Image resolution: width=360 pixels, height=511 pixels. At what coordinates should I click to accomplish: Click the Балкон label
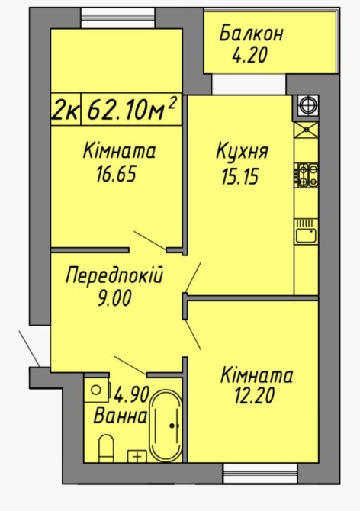point(251,34)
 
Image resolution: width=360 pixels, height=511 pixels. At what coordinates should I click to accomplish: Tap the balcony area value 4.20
point(249,55)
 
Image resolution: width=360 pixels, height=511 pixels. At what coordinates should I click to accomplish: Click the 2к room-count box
point(66,110)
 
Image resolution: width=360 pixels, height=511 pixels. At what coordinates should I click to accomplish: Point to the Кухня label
point(242,152)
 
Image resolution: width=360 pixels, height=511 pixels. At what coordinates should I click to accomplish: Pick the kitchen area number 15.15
point(240,177)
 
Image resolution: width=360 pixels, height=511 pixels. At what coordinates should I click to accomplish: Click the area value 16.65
point(116,174)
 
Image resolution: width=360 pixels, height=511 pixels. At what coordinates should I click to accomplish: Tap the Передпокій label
point(114,275)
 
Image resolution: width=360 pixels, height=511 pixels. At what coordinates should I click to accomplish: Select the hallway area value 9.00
point(114,298)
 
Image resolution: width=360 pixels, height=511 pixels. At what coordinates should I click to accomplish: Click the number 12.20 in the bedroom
point(255,396)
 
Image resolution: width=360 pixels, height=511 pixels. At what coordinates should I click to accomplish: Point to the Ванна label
point(120,416)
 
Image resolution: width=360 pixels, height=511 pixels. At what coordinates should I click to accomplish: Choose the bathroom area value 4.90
point(131,394)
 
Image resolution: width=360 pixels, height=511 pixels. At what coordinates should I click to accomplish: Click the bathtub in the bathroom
point(166,426)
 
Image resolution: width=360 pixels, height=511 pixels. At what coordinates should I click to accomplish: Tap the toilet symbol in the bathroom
point(106,448)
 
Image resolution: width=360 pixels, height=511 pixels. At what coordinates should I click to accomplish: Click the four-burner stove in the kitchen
point(307,175)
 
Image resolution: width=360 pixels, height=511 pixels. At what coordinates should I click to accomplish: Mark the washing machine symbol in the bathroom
point(96,390)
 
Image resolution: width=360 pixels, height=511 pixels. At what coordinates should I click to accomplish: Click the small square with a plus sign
point(137,456)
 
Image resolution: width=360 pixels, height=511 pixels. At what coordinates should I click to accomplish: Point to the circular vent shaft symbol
point(307,105)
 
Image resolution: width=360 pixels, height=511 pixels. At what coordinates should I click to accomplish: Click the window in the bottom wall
point(260,473)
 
